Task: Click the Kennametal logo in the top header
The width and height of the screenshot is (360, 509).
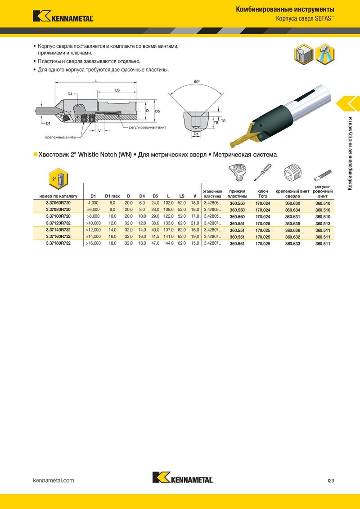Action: click(63, 16)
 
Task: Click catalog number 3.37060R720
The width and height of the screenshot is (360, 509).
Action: click(58, 202)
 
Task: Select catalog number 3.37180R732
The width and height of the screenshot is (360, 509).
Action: click(58, 243)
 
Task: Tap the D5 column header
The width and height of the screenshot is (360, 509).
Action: click(155, 196)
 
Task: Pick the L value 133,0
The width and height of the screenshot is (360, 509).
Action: click(168, 223)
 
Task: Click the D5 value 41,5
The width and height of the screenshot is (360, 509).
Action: click(155, 237)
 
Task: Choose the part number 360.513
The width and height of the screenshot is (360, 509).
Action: click(323, 223)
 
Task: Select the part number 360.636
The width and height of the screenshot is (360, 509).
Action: click(292, 230)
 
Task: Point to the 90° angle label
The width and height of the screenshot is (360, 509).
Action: click(197, 82)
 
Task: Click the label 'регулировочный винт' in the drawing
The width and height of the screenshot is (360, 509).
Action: click(148, 128)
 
